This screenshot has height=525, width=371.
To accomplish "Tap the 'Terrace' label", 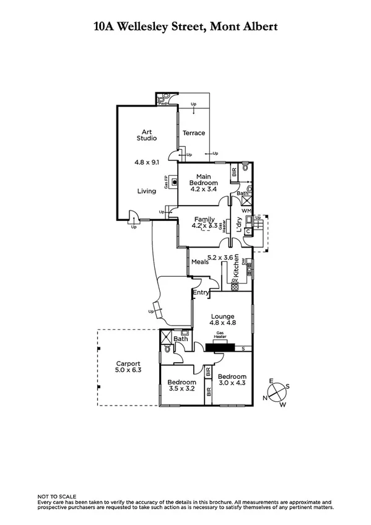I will click(x=193, y=133).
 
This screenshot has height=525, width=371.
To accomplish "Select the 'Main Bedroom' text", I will click(x=204, y=180).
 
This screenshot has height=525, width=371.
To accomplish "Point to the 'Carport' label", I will click(x=128, y=363).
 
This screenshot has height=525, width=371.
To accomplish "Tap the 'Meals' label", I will click(x=199, y=262).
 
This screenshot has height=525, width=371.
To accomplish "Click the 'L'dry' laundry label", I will click(x=237, y=226).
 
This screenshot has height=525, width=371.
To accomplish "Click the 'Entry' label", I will click(x=201, y=293).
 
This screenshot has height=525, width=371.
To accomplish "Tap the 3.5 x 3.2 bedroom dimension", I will click(x=182, y=389).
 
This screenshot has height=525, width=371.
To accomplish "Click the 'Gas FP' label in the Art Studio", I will click(x=166, y=182).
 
